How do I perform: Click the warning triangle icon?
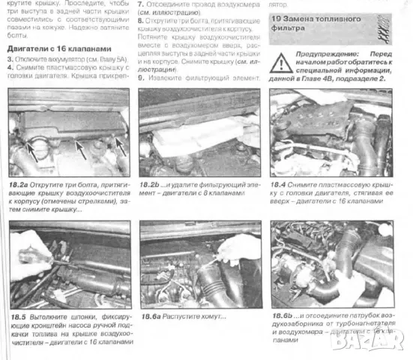coord(283,62)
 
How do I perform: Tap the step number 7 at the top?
coord(140,4)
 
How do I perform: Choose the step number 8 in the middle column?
coord(140,21)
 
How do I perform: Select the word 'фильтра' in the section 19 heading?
coord(288,28)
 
